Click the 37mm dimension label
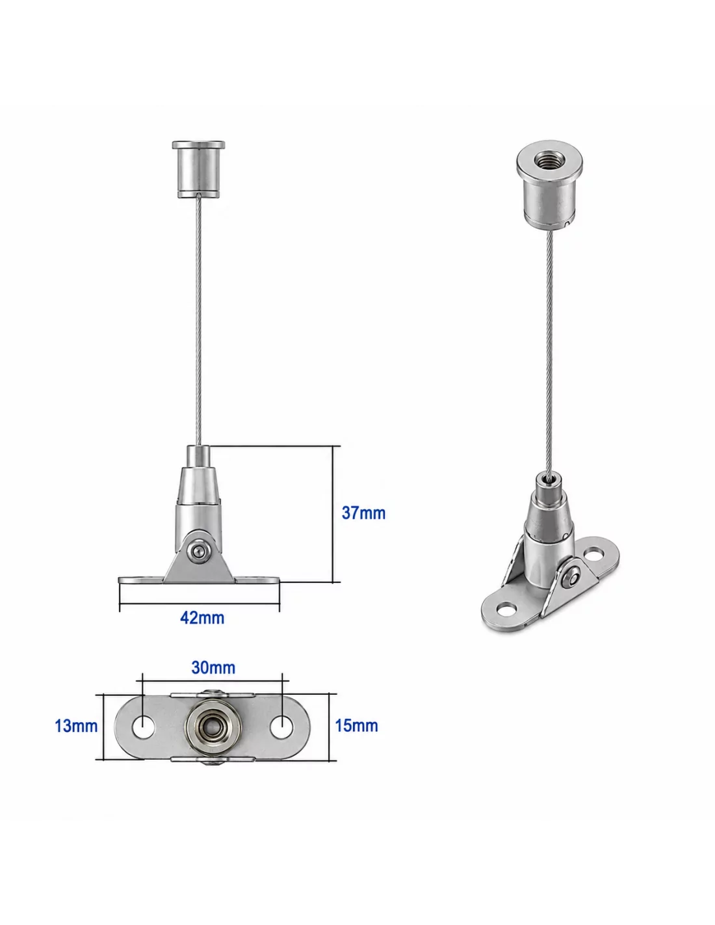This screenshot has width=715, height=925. click(363, 513)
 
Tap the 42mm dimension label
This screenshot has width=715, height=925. click(202, 618)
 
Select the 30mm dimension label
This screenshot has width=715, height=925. click(213, 667)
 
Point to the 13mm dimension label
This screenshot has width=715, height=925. click(76, 726)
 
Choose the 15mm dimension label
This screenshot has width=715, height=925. click(356, 726)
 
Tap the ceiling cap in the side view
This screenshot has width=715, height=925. click(198, 169)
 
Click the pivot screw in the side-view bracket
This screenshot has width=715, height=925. click(198, 552)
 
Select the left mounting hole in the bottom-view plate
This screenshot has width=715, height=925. click(144, 727)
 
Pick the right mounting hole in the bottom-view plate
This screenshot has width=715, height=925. click(281, 727)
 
